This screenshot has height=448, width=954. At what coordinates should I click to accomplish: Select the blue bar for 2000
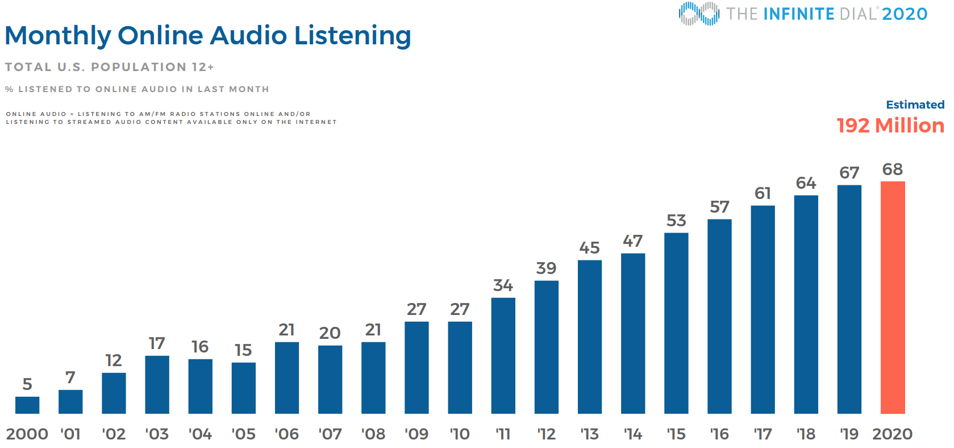pos(27,405)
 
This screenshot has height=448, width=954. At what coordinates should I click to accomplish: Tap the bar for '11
pos(503,355)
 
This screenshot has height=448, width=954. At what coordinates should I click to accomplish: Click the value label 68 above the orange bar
pos(892,169)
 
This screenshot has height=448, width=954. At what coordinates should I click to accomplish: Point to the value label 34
pos(503,285)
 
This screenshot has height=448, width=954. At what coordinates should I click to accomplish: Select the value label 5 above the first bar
pos(27,384)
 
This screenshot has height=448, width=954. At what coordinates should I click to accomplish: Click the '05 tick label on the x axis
pos(243,434)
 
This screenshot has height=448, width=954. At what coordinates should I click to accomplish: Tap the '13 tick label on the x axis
pos(589,434)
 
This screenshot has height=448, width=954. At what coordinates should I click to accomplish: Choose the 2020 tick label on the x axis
pos(892,434)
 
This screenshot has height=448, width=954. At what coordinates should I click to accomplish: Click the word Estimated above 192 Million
pos(915,105)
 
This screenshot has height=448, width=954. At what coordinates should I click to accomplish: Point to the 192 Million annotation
pos(890,126)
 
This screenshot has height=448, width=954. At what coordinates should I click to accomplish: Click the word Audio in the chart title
pos(248,35)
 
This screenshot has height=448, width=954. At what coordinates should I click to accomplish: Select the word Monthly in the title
pos(58,36)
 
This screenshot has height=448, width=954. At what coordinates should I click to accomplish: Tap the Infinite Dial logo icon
pos(698,14)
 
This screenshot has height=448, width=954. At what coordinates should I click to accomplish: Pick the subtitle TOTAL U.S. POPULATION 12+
pos(110,67)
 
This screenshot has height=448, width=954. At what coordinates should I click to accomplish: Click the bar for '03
pos(157,384)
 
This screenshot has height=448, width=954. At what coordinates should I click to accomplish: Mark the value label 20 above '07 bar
pos(330,333)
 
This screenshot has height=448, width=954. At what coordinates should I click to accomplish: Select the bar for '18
pos(806,304)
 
